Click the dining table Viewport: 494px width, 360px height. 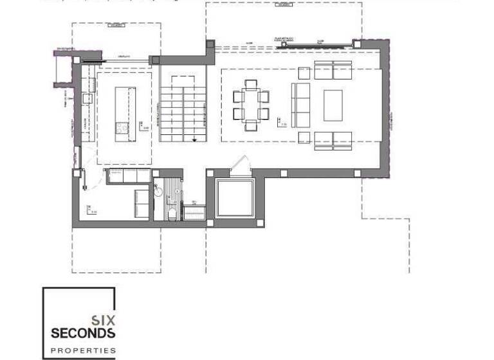[251, 105]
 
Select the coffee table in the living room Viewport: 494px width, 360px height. [333, 105]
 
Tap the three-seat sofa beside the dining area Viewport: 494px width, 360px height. [301, 104]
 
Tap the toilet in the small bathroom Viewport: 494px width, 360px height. [172, 212]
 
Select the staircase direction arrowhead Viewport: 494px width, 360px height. [194, 138]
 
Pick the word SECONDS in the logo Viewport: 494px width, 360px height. [83, 333]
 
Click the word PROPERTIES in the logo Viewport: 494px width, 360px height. [83, 350]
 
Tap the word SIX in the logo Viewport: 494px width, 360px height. [102, 319]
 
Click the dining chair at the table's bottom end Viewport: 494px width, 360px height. [251, 127]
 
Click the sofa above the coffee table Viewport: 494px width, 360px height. [333, 69]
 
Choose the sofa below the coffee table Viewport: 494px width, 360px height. [333, 139]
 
